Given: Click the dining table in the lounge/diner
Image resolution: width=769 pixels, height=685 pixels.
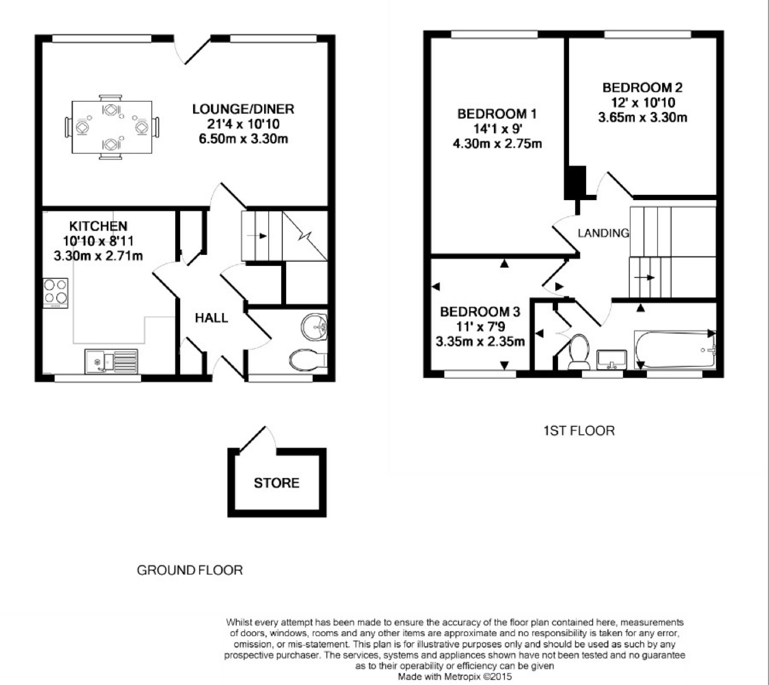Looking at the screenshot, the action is [112, 127].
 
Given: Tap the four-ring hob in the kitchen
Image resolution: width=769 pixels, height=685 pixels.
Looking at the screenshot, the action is [55, 293].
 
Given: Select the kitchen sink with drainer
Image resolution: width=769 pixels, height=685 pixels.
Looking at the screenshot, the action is [111, 361].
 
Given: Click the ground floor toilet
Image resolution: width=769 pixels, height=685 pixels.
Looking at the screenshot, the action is [308, 359].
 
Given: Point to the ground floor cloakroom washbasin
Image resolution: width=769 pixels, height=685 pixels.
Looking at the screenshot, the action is [314, 326].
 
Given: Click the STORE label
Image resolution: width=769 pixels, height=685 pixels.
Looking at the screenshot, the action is [276, 483].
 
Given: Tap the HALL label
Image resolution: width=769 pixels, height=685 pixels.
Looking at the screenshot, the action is [212, 318].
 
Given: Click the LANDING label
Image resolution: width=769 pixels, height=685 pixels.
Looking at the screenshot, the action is [603, 233].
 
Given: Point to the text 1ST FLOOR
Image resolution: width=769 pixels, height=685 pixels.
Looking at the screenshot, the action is [579, 431].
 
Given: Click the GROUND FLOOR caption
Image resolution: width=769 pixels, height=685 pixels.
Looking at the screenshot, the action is [189, 570].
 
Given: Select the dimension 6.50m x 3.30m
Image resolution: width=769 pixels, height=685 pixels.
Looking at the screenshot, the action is [243, 139].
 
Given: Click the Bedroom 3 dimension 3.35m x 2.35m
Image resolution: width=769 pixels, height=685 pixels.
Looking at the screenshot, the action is [480, 341].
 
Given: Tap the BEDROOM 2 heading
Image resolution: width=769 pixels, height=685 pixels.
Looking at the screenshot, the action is [643, 88].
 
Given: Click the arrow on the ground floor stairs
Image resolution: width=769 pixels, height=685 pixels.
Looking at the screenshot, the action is [257, 236].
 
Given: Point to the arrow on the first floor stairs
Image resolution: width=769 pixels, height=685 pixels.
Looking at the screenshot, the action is [644, 277].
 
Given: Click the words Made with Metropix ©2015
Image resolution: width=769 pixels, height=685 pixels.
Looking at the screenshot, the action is [455, 676].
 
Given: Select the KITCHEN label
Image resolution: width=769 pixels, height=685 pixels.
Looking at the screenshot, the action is [98, 226].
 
